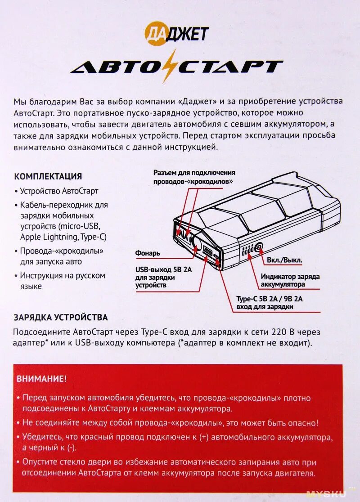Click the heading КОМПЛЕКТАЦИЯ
[48, 176]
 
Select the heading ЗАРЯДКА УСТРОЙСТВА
[61, 317]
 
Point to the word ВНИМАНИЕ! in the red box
[41, 378]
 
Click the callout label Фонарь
[148, 253]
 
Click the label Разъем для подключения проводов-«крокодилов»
[194, 177]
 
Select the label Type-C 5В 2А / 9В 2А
[270, 298]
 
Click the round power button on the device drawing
[258, 247]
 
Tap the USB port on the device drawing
[208, 252]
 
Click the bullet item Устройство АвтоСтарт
[59, 191]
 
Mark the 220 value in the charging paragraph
[279, 332]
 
